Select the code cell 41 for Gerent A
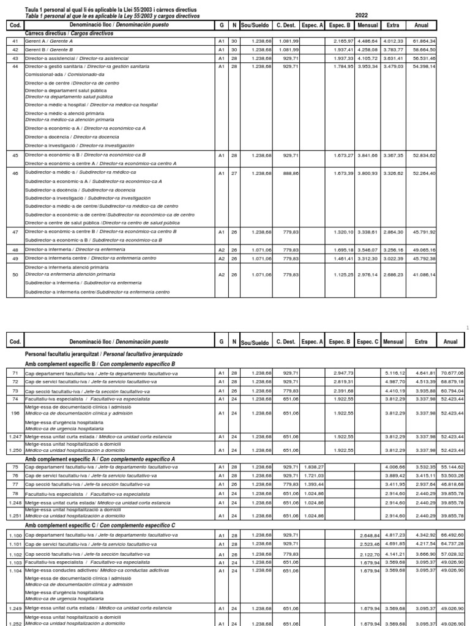[x=15, y=40]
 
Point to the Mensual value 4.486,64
[x=368, y=40]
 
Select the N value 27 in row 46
[x=234, y=173]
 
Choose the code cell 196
[x=15, y=413]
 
